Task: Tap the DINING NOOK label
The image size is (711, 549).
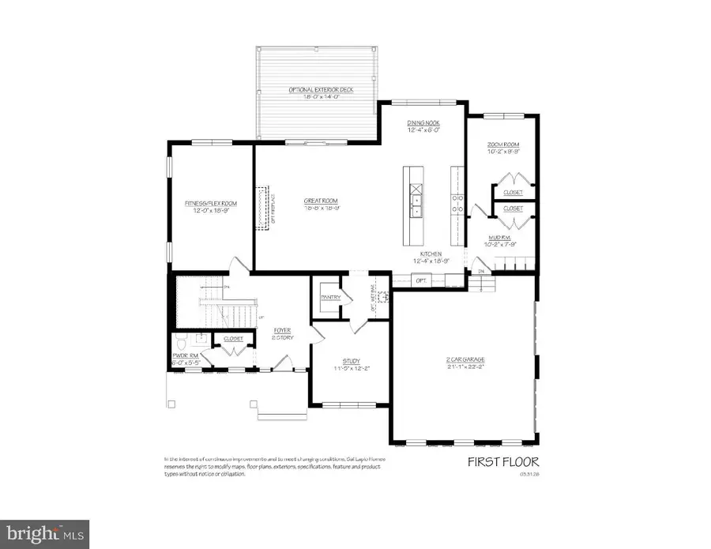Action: tap(423, 123)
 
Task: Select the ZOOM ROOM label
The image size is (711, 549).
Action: tap(502, 145)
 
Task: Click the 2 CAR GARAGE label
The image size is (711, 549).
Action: tap(464, 359)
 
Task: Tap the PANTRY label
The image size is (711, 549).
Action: tap(330, 297)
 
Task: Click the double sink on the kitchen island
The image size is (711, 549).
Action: tap(415, 205)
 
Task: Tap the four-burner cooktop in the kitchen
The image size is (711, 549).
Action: tap(456, 205)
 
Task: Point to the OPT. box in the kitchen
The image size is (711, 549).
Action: tap(420, 280)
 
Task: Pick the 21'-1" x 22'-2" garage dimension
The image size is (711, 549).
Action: tap(464, 367)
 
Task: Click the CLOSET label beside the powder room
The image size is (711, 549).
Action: tap(233, 338)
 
